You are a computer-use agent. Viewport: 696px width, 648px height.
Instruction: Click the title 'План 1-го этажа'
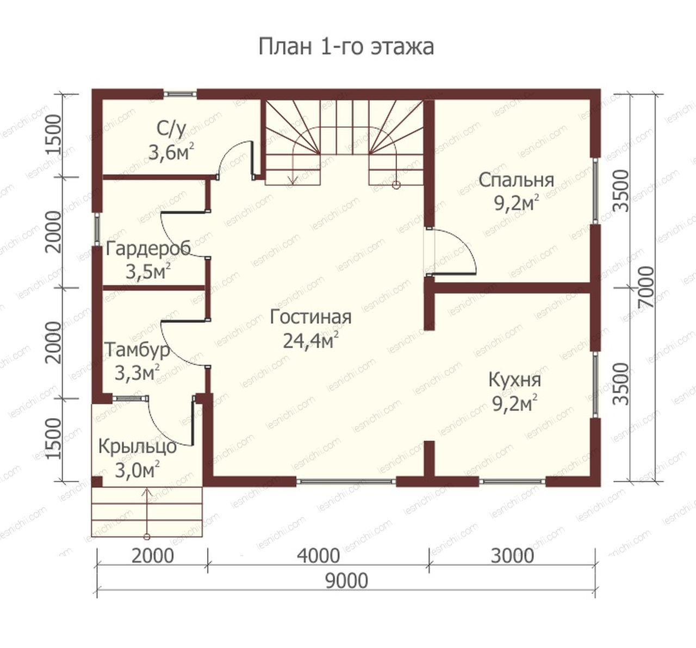click(346, 47)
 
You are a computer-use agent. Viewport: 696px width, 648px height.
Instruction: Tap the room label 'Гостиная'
click(310, 317)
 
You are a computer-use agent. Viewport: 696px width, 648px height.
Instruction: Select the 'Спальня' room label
click(516, 180)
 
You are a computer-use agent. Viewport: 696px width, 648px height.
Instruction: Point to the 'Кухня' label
click(515, 380)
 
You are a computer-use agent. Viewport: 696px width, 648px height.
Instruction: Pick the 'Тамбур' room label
click(137, 350)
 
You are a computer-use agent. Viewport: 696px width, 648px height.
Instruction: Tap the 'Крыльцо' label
click(138, 447)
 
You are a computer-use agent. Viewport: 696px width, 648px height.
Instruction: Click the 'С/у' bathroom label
click(171, 130)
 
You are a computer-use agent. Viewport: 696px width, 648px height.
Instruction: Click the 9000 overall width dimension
click(346, 581)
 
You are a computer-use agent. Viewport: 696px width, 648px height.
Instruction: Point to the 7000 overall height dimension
click(646, 288)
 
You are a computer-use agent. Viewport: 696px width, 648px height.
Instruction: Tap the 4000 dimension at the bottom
click(318, 556)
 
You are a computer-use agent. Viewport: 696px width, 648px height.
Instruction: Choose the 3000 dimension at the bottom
click(512, 556)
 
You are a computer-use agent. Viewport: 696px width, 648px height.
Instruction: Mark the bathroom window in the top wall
click(180, 94)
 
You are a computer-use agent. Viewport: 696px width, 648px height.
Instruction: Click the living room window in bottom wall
click(346, 482)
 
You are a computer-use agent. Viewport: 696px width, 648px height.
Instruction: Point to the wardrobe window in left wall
click(97, 229)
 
